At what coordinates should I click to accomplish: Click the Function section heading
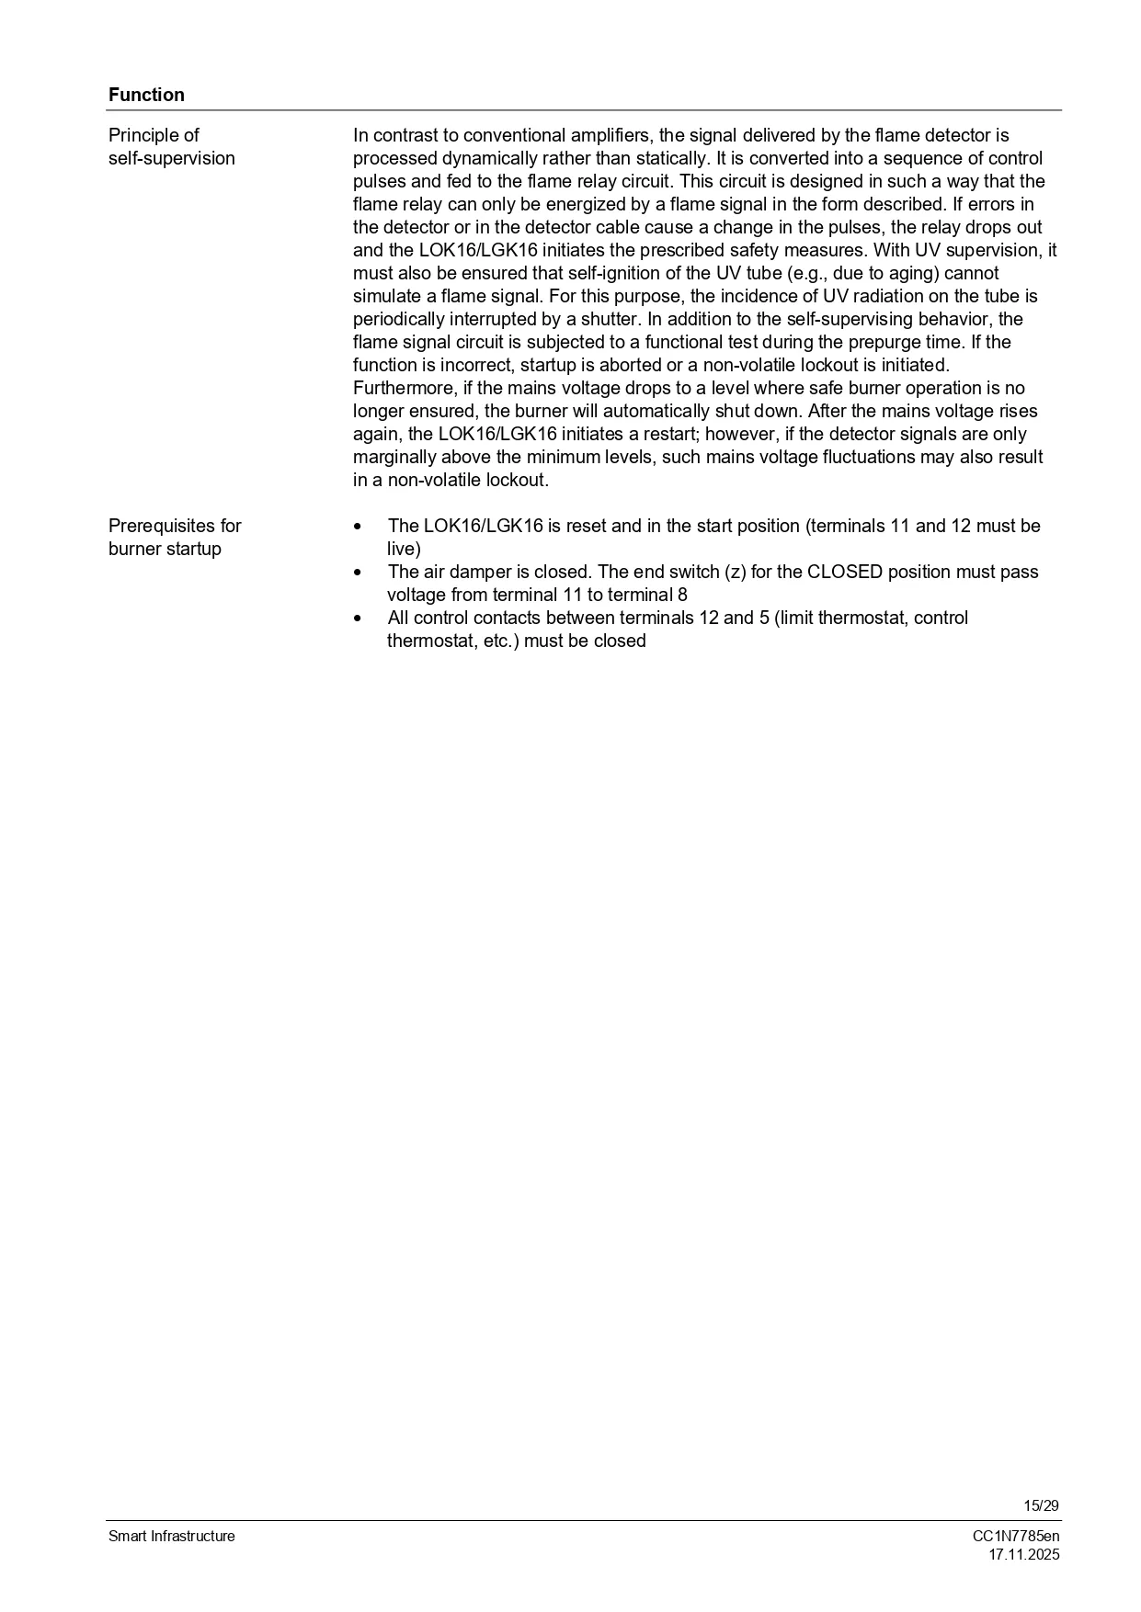(x=146, y=95)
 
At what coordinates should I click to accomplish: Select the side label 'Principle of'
(x=154, y=135)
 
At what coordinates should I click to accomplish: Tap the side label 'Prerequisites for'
(x=175, y=526)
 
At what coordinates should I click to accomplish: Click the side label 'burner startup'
(x=165, y=549)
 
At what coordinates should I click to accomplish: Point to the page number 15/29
(x=1041, y=1505)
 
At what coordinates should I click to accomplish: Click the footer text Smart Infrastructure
(x=172, y=1536)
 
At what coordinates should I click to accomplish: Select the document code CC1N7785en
(x=1016, y=1536)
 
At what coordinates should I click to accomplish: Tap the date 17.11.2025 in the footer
(x=1023, y=1554)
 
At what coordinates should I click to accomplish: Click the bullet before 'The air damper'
(x=358, y=573)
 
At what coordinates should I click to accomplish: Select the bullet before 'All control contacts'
(x=358, y=619)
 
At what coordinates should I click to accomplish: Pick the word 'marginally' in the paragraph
(x=394, y=457)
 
